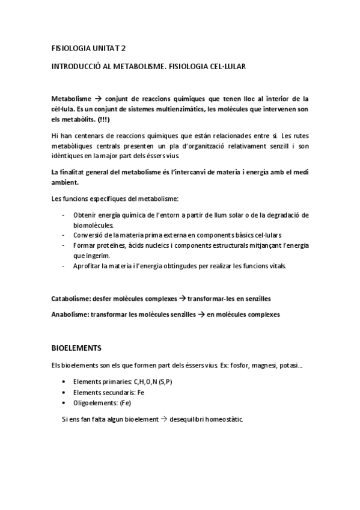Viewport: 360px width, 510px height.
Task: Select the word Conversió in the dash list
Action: (88, 235)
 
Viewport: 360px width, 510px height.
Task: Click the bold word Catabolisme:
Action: (71, 298)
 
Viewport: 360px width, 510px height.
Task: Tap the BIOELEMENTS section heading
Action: (76, 348)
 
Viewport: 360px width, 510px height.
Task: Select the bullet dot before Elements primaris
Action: (64, 382)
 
